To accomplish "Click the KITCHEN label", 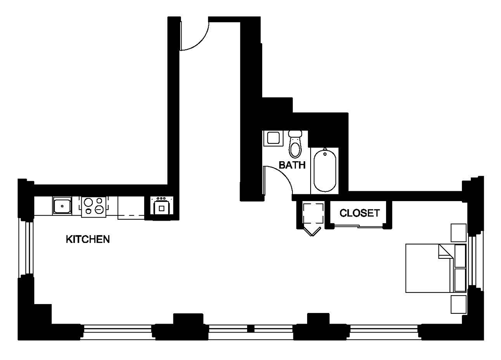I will [x=88, y=240].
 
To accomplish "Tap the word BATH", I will [x=292, y=166].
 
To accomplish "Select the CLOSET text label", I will [x=359, y=213].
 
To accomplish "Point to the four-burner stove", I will [x=94, y=206].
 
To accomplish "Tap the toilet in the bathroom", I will [x=295, y=145].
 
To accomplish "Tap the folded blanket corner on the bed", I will [x=445, y=252].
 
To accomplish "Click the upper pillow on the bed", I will [x=460, y=255].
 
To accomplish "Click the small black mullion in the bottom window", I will [x=251, y=329].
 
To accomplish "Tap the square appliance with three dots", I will [x=161, y=206].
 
